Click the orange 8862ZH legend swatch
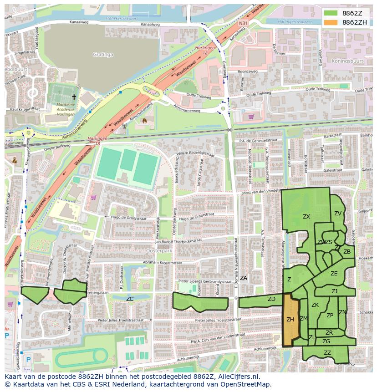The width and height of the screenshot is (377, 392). tap(331, 22)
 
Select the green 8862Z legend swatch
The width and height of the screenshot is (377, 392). tap(331, 13)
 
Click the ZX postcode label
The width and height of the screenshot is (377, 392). tap(306, 217)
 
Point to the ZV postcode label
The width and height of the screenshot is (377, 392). tap(338, 213)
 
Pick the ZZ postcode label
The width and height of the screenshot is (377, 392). tap(327, 352)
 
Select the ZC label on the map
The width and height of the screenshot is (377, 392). tap(130, 299)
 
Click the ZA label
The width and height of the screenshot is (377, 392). tap(244, 278)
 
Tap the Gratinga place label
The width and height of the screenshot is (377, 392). tap(103, 54)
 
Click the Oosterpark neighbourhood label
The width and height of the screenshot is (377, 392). tap(158, 250)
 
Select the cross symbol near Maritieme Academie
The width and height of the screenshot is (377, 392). tap(74, 97)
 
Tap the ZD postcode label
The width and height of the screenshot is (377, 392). tap(271, 299)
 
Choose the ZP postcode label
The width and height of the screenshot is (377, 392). tap(330, 315)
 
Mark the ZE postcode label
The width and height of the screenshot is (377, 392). tap(334, 274)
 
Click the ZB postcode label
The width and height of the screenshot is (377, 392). tap(347, 251)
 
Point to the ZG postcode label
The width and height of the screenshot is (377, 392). tap(326, 341)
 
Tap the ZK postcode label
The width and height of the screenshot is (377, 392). tap(315, 305)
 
